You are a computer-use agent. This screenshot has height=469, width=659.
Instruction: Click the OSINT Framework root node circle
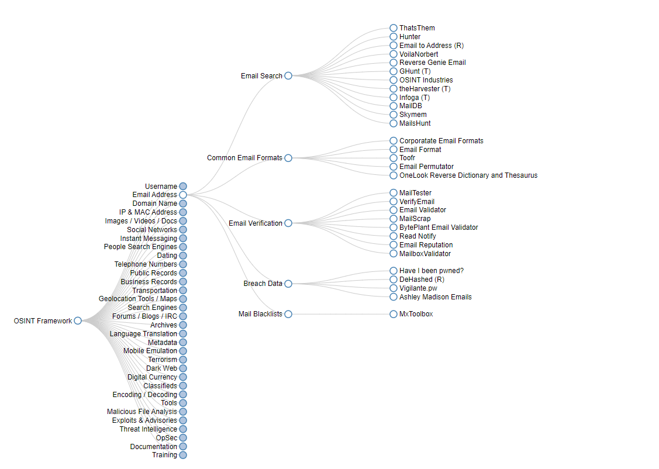point(78,320)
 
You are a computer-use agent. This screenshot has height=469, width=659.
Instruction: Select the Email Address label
point(154,195)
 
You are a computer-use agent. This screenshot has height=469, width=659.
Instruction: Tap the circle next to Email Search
point(288,75)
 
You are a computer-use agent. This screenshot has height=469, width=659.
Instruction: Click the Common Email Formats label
point(244,158)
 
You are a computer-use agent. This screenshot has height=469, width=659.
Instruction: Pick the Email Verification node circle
point(288,223)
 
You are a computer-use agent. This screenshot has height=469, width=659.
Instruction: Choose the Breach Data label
point(263,284)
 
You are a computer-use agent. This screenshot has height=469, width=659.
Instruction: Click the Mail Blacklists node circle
point(288,314)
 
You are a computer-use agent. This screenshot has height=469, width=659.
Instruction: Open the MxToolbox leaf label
point(416,314)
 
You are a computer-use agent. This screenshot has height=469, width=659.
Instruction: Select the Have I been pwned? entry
point(431,271)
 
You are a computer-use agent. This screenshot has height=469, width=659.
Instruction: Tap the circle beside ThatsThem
point(394,28)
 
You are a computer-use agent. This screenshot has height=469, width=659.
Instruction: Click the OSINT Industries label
point(426,80)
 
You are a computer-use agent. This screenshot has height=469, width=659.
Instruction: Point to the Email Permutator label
point(426,167)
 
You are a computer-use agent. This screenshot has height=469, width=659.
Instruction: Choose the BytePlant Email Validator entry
point(439,227)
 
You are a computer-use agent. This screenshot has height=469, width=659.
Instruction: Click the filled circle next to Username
point(183,187)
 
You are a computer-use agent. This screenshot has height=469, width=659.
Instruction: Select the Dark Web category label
point(161,368)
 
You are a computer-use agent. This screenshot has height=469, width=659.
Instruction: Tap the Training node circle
point(183,455)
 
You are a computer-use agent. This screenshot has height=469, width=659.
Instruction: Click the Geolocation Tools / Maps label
point(137,299)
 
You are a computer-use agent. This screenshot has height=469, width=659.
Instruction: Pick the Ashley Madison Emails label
point(435,297)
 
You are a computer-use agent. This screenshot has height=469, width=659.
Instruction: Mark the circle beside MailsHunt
point(394,123)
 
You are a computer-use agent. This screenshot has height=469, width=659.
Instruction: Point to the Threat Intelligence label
point(148,429)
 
